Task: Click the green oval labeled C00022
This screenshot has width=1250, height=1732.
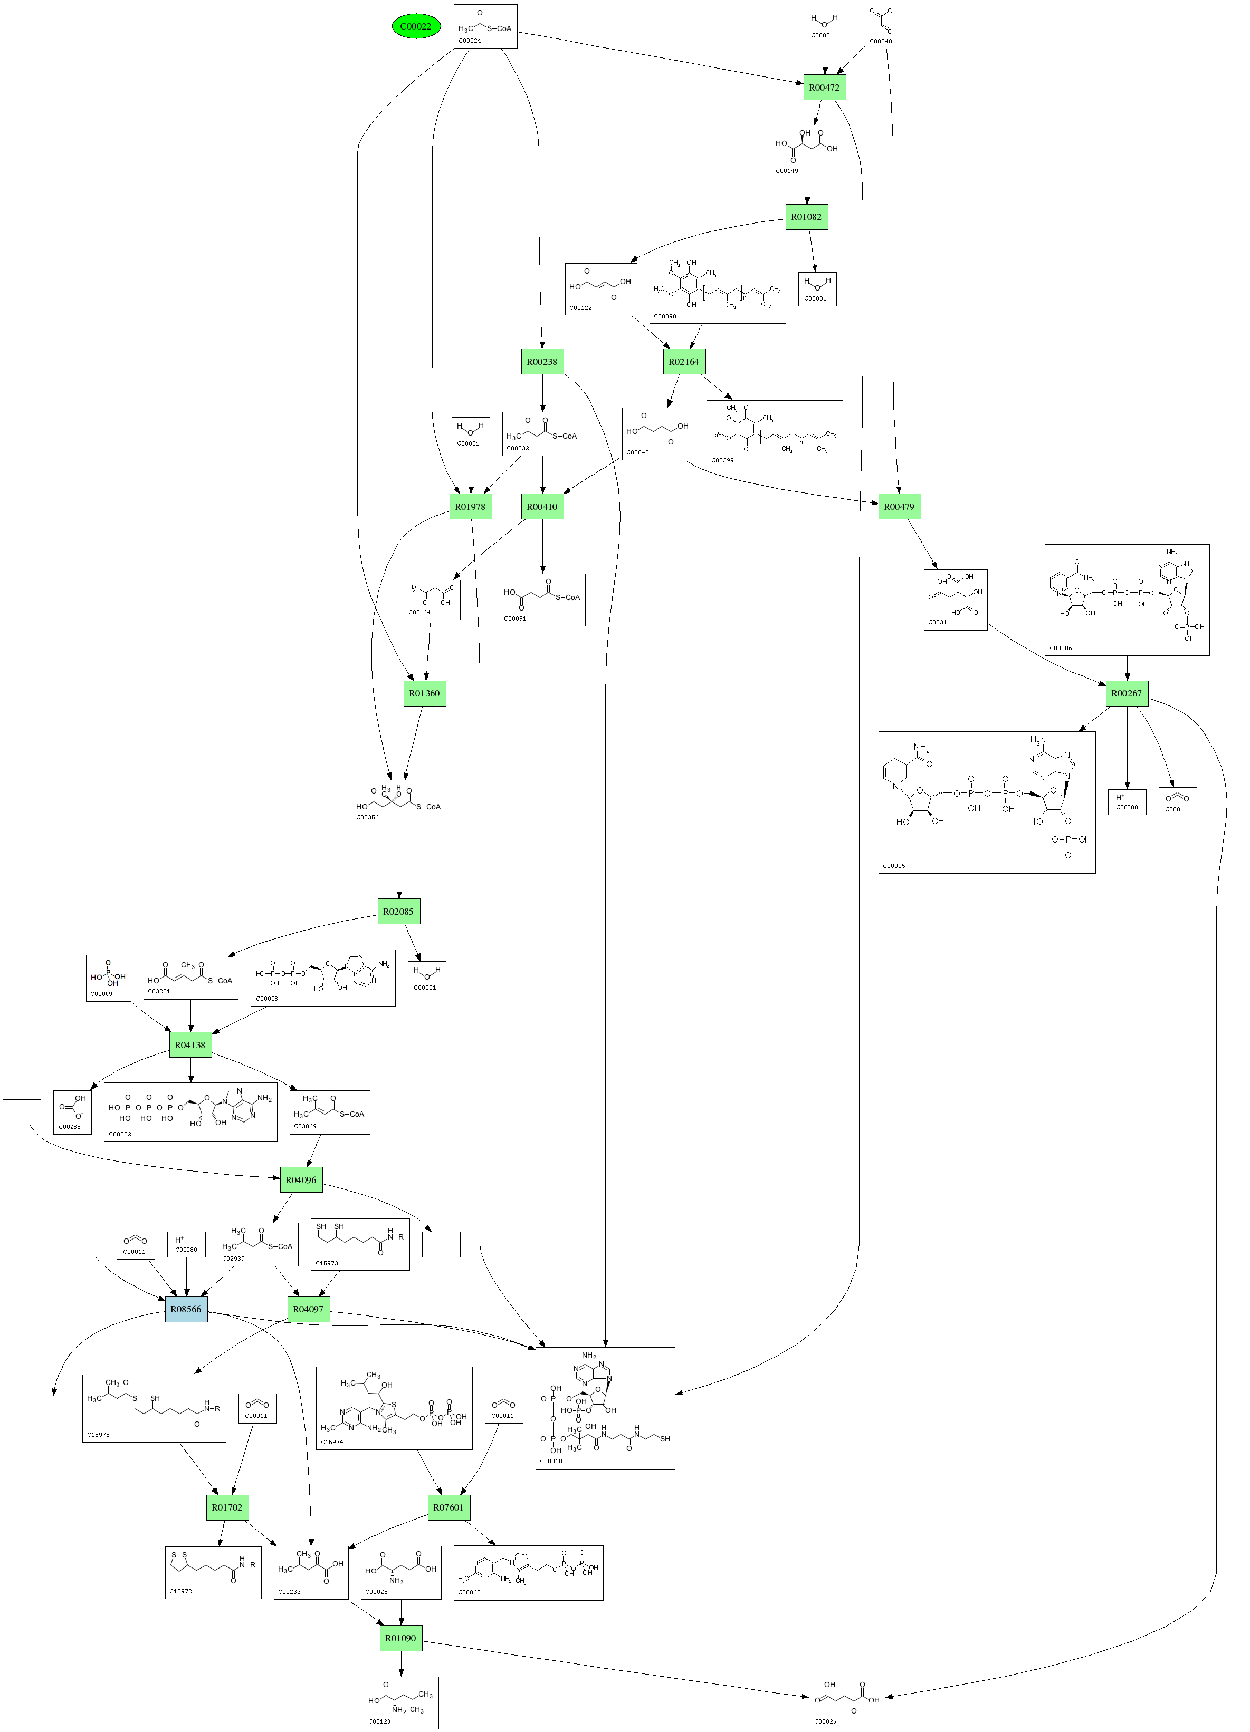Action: [x=416, y=27]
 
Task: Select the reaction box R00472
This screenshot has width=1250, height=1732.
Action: [x=824, y=88]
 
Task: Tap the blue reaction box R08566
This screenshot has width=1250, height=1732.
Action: [x=186, y=1309]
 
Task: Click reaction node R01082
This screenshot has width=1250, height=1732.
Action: [x=806, y=217]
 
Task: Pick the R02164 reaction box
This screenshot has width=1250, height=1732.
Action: [x=684, y=362]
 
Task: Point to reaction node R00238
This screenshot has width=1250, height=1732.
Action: [x=542, y=362]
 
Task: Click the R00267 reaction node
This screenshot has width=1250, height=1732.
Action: [x=1126, y=693]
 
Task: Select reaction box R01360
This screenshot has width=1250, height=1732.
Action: [x=424, y=693]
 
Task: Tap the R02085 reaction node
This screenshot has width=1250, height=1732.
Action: [x=398, y=911]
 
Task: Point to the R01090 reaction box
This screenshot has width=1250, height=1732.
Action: [x=400, y=1638]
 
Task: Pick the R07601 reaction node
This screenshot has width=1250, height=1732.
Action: [x=449, y=1507]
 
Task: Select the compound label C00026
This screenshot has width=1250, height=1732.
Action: [x=825, y=1722]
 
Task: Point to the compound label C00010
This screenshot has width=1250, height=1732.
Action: [x=551, y=1461]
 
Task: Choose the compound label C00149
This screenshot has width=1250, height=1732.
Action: [x=787, y=171]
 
